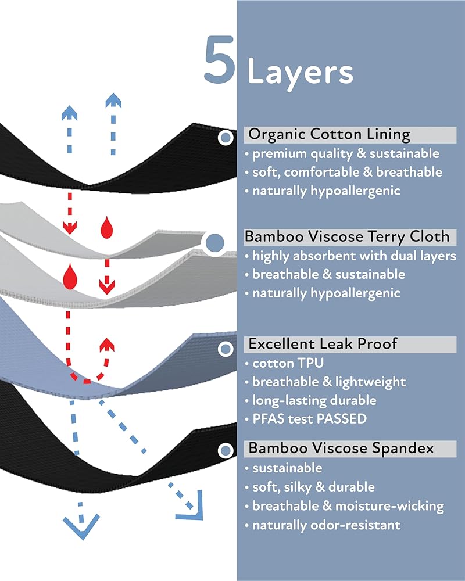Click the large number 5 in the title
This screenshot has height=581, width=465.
[x=219, y=59]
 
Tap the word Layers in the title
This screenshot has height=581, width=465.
[x=300, y=73]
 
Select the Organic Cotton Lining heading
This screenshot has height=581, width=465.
[x=329, y=134]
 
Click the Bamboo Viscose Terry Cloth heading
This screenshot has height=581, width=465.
[x=347, y=236]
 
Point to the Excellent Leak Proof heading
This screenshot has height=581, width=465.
[x=323, y=344]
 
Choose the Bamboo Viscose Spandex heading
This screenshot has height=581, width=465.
[x=341, y=449]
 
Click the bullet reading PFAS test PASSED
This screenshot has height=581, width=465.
[x=309, y=419]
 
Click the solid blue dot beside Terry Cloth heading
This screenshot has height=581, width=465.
[x=214, y=243]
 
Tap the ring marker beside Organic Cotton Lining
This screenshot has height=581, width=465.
[x=226, y=138]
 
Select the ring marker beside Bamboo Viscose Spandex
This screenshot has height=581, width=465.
[x=226, y=451]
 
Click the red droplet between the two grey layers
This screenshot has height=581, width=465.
[x=70, y=276]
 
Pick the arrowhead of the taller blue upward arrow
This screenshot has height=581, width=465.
[x=113, y=101]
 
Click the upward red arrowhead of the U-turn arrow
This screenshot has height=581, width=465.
[x=107, y=345]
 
